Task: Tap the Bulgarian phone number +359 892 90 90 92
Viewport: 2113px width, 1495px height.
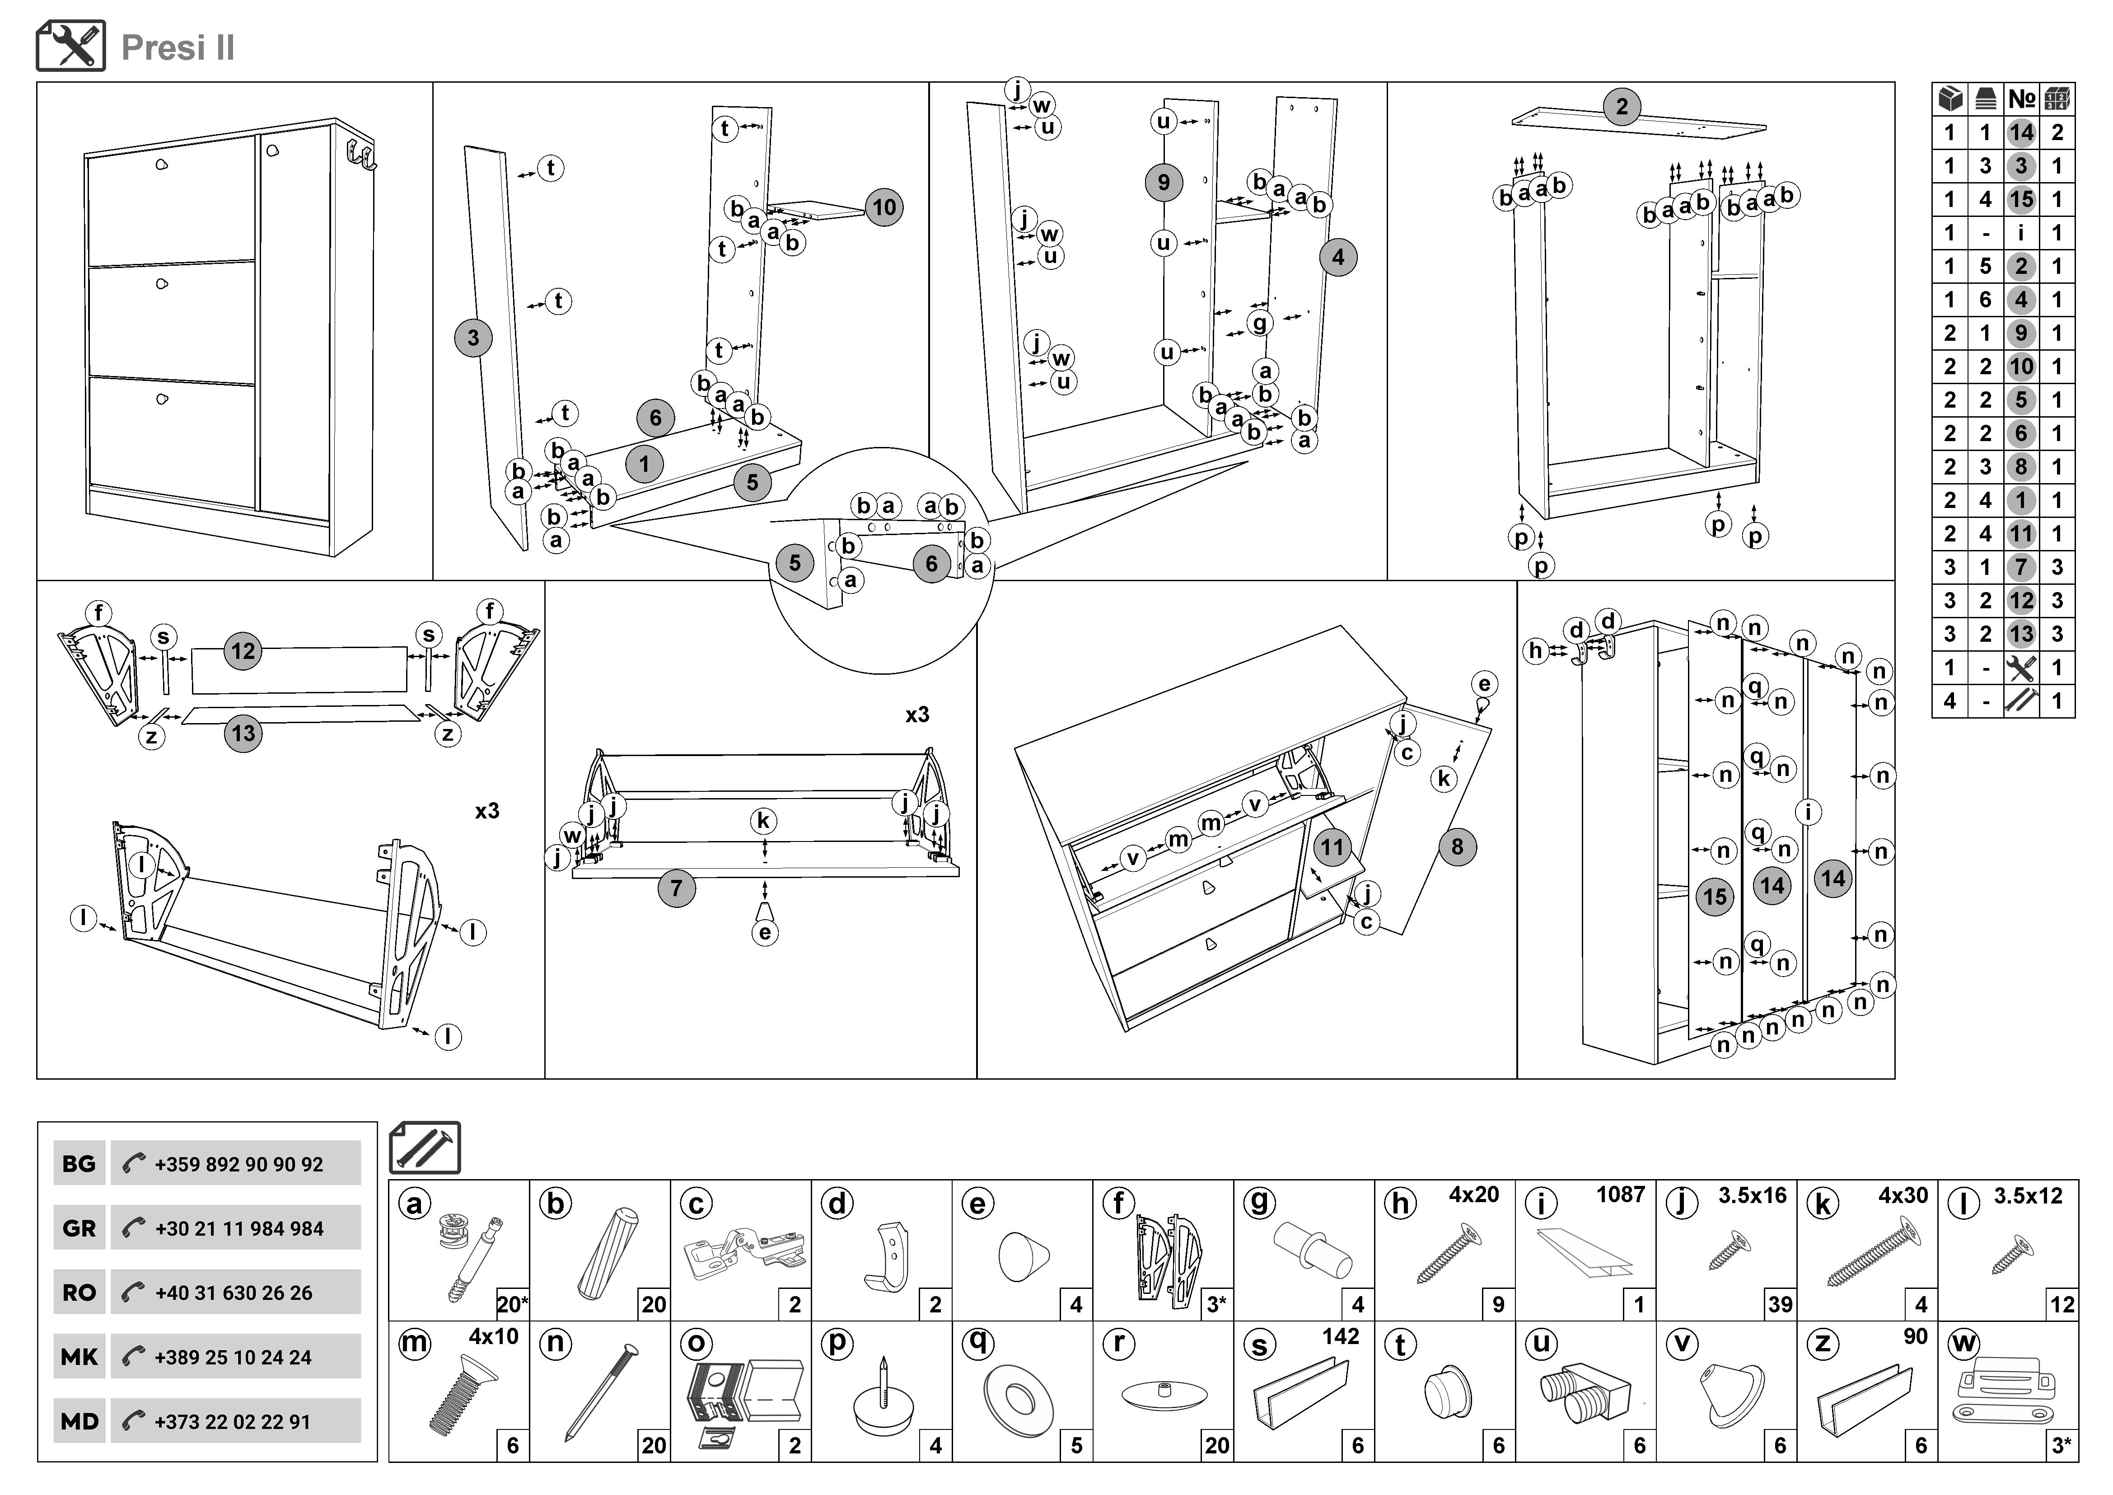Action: click(238, 1165)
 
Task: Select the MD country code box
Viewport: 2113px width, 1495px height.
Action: click(79, 1421)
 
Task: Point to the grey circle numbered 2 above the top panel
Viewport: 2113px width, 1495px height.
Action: click(1622, 107)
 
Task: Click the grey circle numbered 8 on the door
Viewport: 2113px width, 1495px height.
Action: click(1457, 847)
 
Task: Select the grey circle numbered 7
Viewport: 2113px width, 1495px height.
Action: click(677, 889)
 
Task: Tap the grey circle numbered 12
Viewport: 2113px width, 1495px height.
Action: click(243, 652)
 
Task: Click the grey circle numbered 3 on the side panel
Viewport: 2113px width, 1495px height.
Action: click(473, 338)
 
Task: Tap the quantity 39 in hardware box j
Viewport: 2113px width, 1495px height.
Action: click(1780, 1304)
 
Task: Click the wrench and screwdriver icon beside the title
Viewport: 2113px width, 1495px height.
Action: click(71, 46)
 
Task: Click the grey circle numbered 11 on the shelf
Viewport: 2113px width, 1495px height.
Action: click(1332, 847)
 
